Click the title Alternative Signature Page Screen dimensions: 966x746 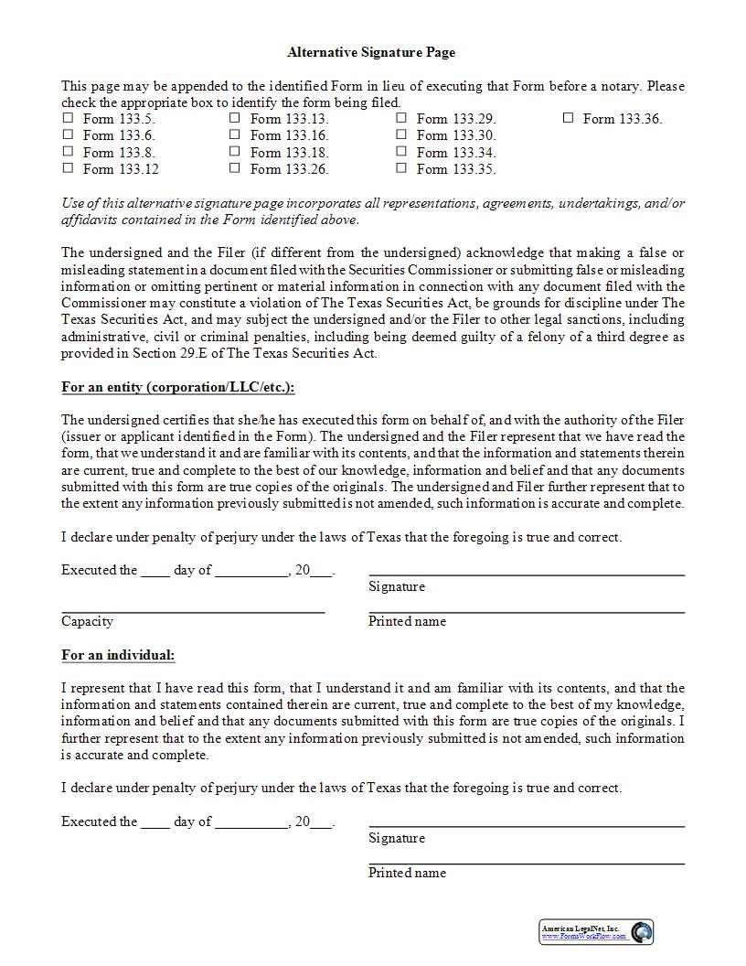tap(371, 53)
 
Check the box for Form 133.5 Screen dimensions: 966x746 tap(68, 118)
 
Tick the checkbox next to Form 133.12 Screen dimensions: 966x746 tap(68, 168)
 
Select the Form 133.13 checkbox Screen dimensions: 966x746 tap(235, 118)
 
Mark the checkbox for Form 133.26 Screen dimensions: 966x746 tap(235, 168)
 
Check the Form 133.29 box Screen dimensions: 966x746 tap(401, 118)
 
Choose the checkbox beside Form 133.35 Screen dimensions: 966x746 tap(401, 168)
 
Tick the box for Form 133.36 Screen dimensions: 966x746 tap(568, 118)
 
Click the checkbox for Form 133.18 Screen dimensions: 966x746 tap(235, 152)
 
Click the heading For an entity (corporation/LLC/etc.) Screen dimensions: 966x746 tap(178, 387)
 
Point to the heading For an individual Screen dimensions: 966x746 tap(118, 655)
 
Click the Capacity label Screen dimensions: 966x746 tap(88, 621)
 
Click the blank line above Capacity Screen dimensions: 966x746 tap(193, 609)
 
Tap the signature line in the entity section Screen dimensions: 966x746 tap(527, 574)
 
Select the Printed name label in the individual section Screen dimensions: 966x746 tap(407, 873)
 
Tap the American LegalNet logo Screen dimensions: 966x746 tap(596, 931)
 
